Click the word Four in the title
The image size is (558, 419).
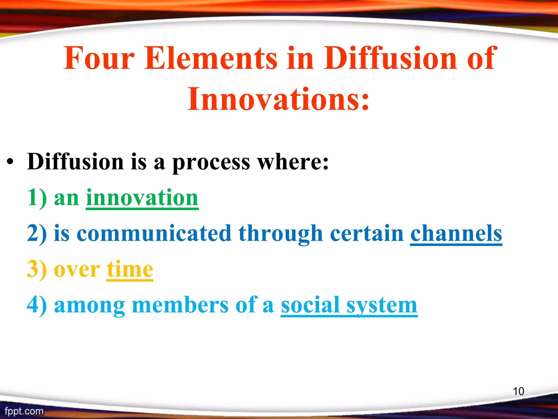[99, 58]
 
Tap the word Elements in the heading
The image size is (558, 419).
[211, 58]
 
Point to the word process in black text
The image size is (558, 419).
[211, 163]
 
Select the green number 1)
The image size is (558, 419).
[37, 198]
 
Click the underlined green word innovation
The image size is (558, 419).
[142, 198]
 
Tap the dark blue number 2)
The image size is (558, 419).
[37, 234]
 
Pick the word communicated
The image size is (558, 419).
[154, 234]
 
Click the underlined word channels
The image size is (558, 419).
[456, 234]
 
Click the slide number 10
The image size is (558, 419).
[518, 391]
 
